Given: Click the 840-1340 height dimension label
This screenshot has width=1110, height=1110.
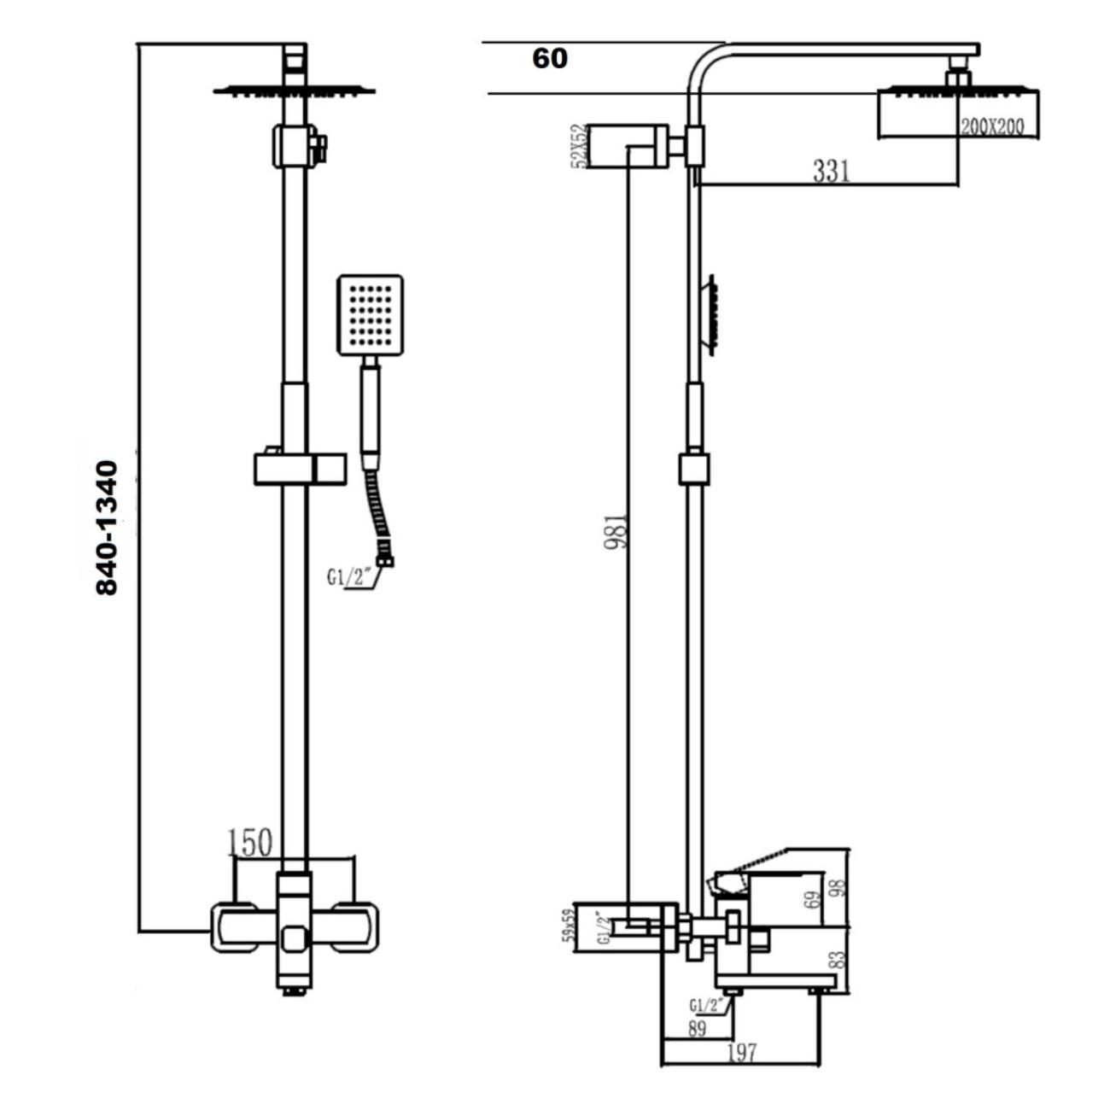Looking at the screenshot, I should pyautogui.click(x=107, y=528).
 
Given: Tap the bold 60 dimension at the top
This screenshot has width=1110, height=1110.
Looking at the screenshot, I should pyautogui.click(x=549, y=59).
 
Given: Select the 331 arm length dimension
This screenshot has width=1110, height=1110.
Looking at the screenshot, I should pyautogui.click(x=831, y=171).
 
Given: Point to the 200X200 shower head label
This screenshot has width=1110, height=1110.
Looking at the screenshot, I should pyautogui.click(x=991, y=127).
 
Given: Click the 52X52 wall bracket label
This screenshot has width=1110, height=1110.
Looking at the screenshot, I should pyautogui.click(x=580, y=146).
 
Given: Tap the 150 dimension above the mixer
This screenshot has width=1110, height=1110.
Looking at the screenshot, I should pyautogui.click(x=250, y=843).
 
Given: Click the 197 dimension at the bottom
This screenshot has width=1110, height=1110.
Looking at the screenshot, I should pyautogui.click(x=742, y=1053).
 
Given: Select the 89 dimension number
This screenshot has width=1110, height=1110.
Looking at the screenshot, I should pyautogui.click(x=697, y=1029).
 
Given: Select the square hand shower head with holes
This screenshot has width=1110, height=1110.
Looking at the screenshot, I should pyautogui.click(x=370, y=314).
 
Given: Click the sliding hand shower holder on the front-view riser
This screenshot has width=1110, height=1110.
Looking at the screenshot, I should pyautogui.click(x=301, y=469).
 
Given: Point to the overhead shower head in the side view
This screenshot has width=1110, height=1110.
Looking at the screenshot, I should pyautogui.click(x=960, y=111).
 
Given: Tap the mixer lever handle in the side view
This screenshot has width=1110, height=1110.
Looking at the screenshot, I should pyautogui.click(x=751, y=862).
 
